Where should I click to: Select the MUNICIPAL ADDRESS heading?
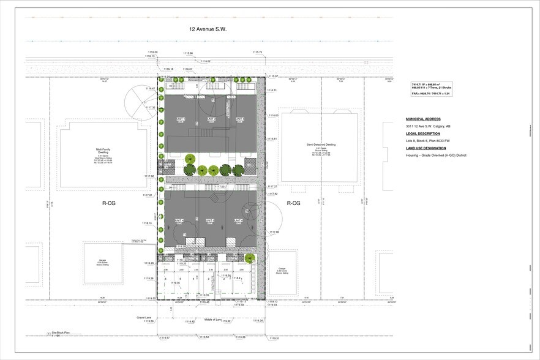coord(422,119)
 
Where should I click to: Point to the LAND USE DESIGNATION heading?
coord(426,148)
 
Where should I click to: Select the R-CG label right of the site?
coord(293,203)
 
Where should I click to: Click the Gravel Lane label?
coord(144,317)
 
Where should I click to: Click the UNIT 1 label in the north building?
coord(181,119)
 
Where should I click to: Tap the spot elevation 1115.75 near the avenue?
coord(257,52)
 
